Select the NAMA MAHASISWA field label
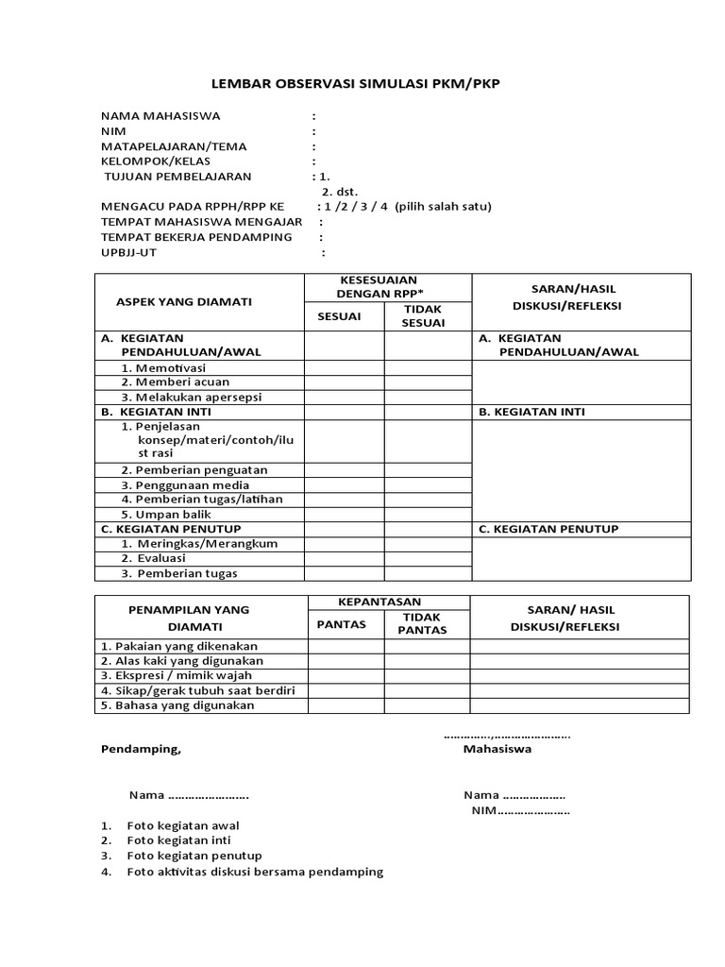click(x=160, y=116)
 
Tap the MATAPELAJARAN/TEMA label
click(x=174, y=146)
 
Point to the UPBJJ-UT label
click(x=129, y=252)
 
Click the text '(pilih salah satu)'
click(x=443, y=207)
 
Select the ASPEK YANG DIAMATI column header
click(x=183, y=301)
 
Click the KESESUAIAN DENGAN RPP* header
click(x=387, y=287)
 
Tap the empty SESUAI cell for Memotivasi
click(x=344, y=367)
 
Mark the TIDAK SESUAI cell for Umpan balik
click(x=427, y=515)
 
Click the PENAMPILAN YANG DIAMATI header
click(x=189, y=618)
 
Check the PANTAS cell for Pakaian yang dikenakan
click(x=341, y=646)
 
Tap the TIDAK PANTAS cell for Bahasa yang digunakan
click(x=427, y=705)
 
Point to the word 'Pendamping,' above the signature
click(x=140, y=749)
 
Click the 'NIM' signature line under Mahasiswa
click(x=520, y=810)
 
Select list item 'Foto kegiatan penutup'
click(x=194, y=856)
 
